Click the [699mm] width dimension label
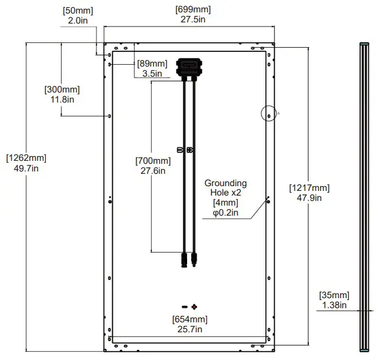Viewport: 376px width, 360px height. tap(193, 9)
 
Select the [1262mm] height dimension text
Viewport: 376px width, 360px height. tap(26, 158)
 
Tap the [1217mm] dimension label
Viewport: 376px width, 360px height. tap(310, 188)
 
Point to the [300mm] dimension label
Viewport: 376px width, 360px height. tap(62, 90)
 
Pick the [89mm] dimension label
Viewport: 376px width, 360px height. tap(152, 64)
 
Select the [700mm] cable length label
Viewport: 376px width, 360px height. tap(153, 161)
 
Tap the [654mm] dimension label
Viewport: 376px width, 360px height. tap(189, 319)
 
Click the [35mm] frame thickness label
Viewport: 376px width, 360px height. tap(334, 295)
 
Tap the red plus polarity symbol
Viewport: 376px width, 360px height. tap(194, 307)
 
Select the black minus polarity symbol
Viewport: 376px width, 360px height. tap(184, 307)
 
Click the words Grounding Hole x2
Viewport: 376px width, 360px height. tap(225, 188)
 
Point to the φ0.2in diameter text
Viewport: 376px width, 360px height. tap(225, 213)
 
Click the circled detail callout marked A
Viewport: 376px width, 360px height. tap(268, 115)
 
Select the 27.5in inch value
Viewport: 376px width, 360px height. tap(193, 19)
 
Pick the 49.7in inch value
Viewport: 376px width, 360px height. tap(26, 168)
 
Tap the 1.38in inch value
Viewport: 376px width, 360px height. tap(334, 305)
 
